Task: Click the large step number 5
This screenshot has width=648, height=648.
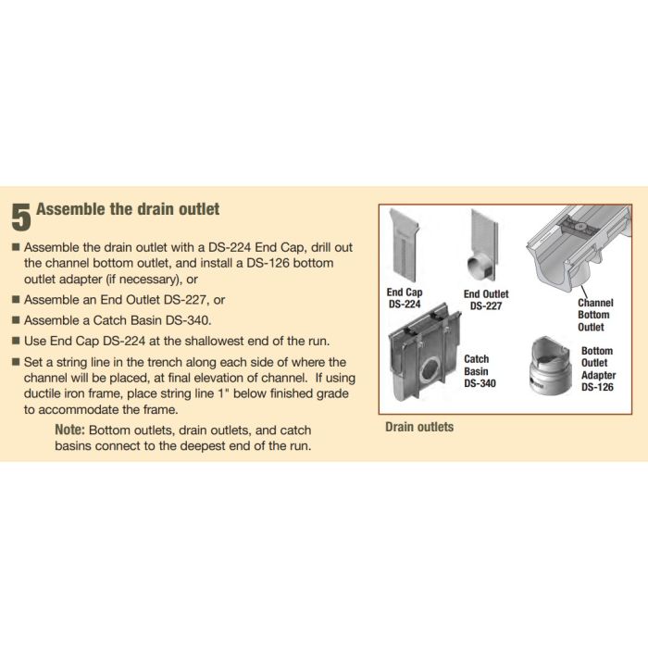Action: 21,217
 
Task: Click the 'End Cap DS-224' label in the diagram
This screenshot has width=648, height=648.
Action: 404,298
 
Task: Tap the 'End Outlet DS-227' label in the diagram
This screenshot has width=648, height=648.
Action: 485,300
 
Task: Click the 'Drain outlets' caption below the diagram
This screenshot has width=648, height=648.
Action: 419,427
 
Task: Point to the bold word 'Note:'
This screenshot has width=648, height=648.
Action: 70,430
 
